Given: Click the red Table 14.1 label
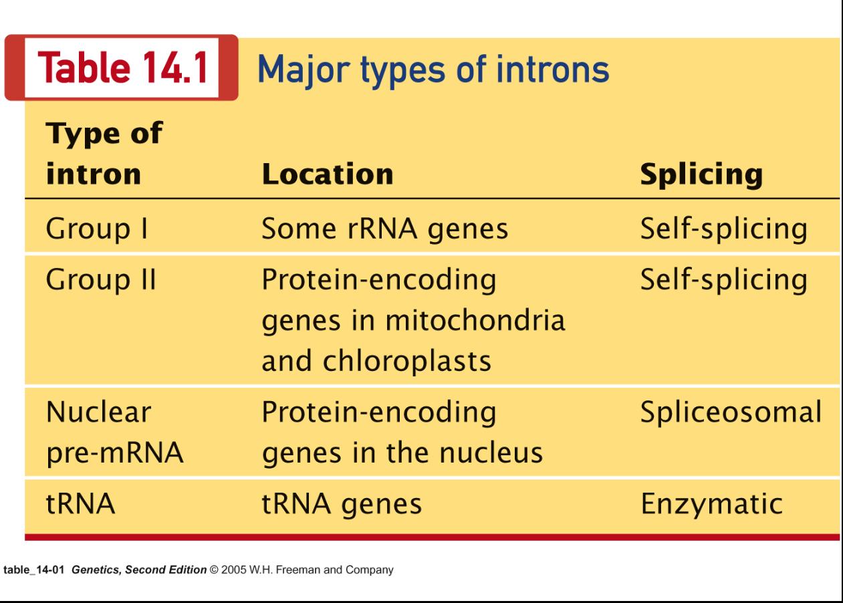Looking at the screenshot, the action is (122, 68).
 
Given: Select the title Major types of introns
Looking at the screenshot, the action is (433, 70).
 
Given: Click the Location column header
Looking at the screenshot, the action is (328, 174).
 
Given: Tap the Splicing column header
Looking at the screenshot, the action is (701, 174).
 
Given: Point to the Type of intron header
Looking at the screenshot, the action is (104, 153).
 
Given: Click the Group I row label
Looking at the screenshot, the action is (97, 229).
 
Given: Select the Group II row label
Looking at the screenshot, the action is (101, 279).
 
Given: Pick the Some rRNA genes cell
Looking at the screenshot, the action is (384, 229).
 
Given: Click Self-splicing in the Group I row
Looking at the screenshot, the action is (724, 229).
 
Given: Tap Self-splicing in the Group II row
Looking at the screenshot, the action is (724, 279).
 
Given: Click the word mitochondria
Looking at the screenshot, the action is (475, 320).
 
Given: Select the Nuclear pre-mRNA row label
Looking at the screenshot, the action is (115, 433).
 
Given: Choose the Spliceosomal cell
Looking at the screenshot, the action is (731, 412).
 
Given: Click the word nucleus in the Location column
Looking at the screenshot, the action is (491, 453).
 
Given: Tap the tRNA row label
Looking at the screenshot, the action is (80, 503).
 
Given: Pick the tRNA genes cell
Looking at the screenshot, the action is (342, 504).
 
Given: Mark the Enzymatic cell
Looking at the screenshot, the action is (712, 504).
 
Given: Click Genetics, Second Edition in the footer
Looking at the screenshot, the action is (139, 570).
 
